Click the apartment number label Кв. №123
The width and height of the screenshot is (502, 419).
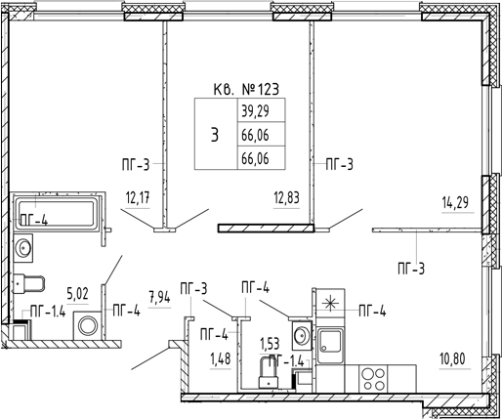pyautogui.click(x=246, y=89)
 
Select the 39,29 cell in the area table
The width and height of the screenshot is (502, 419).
pyautogui.click(x=255, y=111)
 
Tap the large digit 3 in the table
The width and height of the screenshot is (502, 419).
pyautogui.click(x=215, y=135)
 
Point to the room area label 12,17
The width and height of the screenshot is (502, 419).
pyautogui.click(x=138, y=198)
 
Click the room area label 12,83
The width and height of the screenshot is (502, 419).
pyautogui.click(x=286, y=198)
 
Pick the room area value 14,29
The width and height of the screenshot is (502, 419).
pyautogui.click(x=455, y=202)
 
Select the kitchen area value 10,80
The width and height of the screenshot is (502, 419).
pyautogui.click(x=452, y=359)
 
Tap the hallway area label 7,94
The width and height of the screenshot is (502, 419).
pyautogui.click(x=159, y=298)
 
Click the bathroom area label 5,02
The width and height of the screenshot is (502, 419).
pyautogui.click(x=77, y=294)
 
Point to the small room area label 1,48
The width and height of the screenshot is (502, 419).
pyautogui.click(x=221, y=359)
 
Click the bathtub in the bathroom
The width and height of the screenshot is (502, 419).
pyautogui.click(x=57, y=212)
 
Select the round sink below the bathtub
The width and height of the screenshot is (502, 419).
pyautogui.click(x=23, y=248)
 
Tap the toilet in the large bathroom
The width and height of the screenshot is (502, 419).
pyautogui.click(x=28, y=283)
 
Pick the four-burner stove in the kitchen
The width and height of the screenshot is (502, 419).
pyautogui.click(x=373, y=379)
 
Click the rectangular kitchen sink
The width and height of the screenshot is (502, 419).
pyautogui.click(x=330, y=345)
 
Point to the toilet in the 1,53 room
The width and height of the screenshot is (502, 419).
pyautogui.click(x=269, y=372)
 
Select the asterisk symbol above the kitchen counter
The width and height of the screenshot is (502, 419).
pyautogui.click(x=330, y=304)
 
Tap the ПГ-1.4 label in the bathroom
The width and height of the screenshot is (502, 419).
pyautogui.click(x=48, y=312)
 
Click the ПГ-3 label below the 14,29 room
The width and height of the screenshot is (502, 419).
pyautogui.click(x=411, y=270)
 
